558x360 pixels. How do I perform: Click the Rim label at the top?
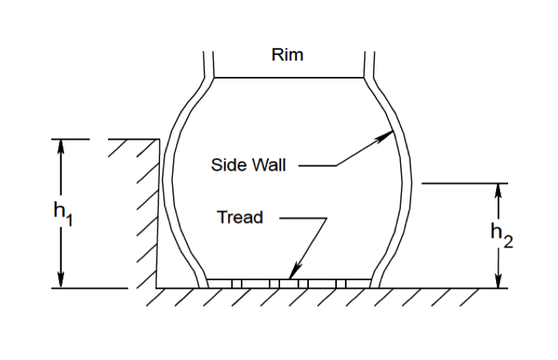click(286, 55)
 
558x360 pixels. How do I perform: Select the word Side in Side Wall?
click(226, 165)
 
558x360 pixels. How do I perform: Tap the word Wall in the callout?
click(269, 165)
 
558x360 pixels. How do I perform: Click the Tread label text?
click(239, 218)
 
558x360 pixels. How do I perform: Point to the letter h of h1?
click(57, 211)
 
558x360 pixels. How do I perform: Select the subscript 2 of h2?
click(508, 243)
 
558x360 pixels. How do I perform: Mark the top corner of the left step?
click(159, 140)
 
